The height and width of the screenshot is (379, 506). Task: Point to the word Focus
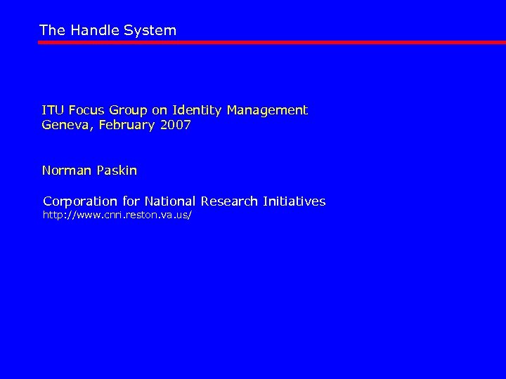(84, 110)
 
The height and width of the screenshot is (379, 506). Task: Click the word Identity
(193, 110)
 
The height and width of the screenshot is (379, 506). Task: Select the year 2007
(174, 126)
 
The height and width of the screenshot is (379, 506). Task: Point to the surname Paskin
(117, 171)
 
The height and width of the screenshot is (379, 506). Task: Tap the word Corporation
(79, 201)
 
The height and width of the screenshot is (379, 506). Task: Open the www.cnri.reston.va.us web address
(117, 215)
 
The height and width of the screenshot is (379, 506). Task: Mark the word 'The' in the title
(51, 30)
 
